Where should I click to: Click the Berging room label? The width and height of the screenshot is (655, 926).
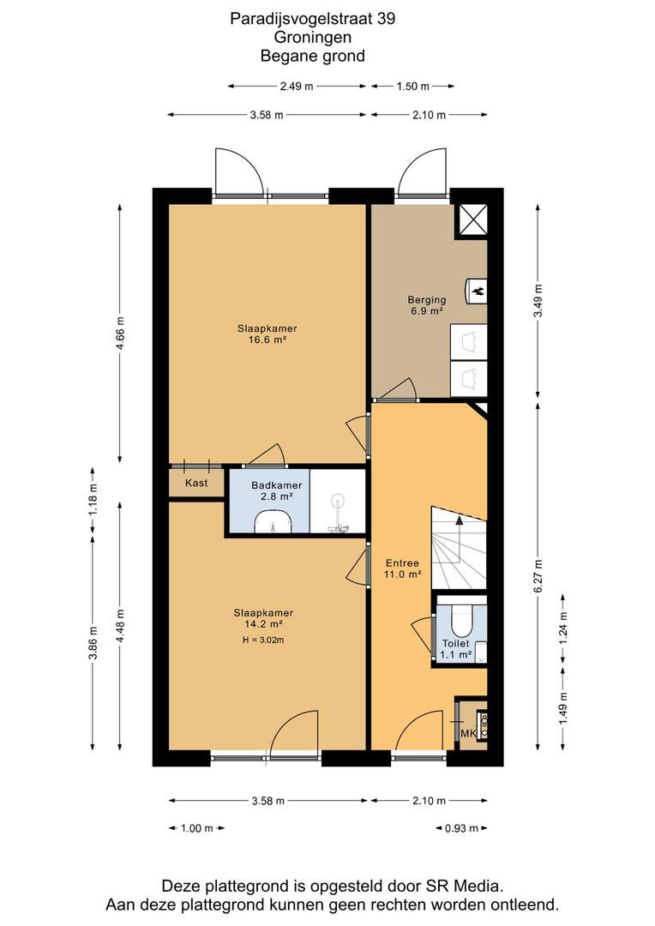pos(426,300)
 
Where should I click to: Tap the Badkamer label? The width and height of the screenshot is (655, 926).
pos(276,485)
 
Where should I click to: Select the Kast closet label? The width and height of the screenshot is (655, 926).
pos(196,483)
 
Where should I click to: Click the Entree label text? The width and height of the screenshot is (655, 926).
pos(402,563)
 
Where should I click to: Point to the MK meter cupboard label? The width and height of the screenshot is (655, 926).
pos(468,734)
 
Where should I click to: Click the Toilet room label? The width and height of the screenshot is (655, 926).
pos(456,644)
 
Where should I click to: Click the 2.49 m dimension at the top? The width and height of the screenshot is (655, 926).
pos(297,87)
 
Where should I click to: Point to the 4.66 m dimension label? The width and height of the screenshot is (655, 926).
pos(121,334)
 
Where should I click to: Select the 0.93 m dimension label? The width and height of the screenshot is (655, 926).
pos(461,828)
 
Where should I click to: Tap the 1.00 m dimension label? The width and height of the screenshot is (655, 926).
pos(196,828)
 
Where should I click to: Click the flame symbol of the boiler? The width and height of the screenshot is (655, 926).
pos(479,291)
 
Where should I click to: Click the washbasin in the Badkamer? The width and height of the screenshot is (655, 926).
pos(273,523)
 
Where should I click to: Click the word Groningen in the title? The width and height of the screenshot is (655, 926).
pos(312,37)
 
